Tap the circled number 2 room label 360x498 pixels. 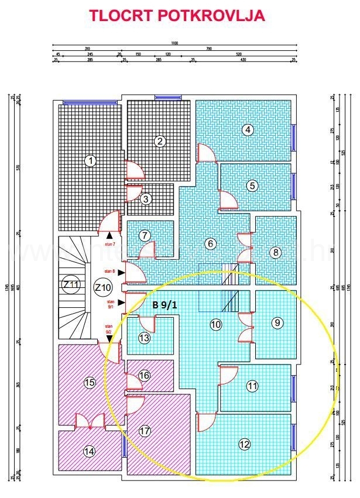(x=159, y=140)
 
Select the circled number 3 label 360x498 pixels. (x=249, y=130)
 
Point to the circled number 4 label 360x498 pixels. (x=252, y=186)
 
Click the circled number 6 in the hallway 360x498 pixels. (x=145, y=235)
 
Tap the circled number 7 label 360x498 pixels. (x=275, y=252)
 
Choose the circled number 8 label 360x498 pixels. (x=277, y=322)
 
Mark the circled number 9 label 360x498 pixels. (x=245, y=444)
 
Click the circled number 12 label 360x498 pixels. (x=89, y=451)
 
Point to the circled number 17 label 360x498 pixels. (x=71, y=284)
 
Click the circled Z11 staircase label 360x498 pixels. (x=103, y=287)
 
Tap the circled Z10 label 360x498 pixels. (x=163, y=305)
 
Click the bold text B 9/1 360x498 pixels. (x=109, y=242)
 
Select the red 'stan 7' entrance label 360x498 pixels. (x=109, y=272)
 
